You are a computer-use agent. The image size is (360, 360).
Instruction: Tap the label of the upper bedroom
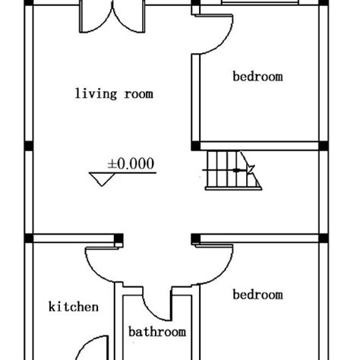(x=257, y=76)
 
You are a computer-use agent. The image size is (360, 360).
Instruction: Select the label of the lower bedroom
(x=257, y=295)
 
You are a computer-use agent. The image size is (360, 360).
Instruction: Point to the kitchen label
(x=74, y=307)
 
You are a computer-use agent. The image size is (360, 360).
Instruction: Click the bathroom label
(x=157, y=332)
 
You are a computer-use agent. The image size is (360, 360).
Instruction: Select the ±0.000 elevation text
(x=131, y=163)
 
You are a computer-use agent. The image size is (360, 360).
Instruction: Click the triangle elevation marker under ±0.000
(x=101, y=179)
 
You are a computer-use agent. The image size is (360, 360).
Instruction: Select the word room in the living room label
(x=139, y=94)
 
